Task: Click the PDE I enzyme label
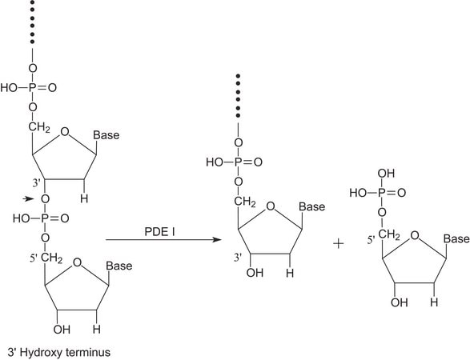click(x=159, y=232)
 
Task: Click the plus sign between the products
click(x=339, y=244)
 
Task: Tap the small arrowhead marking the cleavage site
click(x=28, y=198)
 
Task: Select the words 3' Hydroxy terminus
click(x=59, y=352)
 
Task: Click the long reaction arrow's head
click(x=217, y=240)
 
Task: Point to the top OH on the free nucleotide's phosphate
click(x=386, y=174)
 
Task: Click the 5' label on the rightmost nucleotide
click(x=372, y=240)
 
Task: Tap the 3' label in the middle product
click(x=238, y=258)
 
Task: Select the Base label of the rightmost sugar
click(x=456, y=238)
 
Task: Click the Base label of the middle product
click(x=312, y=206)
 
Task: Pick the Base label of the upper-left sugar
click(x=106, y=134)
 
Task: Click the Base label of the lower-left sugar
click(x=119, y=266)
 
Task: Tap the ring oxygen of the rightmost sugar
click(x=415, y=236)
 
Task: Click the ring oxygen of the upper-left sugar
click(x=64, y=132)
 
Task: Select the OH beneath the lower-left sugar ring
click(x=62, y=330)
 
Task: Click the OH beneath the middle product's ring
click(x=255, y=273)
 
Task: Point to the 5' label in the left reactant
click(x=34, y=258)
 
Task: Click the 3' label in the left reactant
click(x=37, y=183)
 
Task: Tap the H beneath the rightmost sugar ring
click(x=434, y=302)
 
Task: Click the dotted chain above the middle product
click(x=238, y=96)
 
